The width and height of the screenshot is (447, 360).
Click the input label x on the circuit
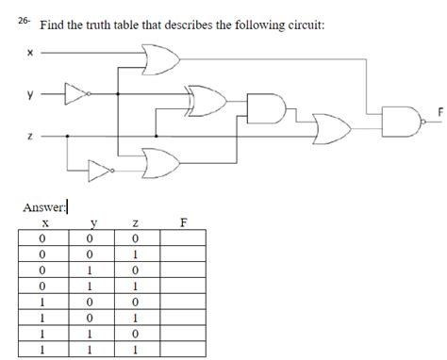[x=30, y=53]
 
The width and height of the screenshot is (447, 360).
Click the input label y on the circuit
[x=30, y=94]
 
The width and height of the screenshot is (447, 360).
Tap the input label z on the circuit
[x=30, y=137]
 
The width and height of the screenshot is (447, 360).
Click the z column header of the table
[x=137, y=224]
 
